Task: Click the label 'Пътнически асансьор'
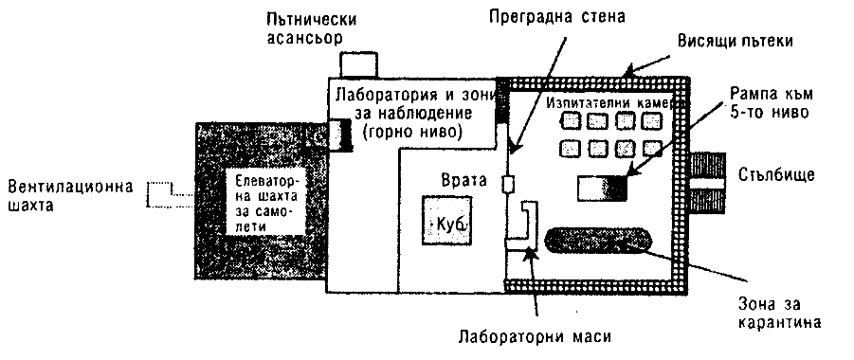click(x=312, y=29)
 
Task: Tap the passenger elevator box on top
click(x=359, y=64)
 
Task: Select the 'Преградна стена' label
click(x=557, y=16)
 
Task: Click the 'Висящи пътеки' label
click(x=736, y=42)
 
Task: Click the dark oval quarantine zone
click(x=598, y=240)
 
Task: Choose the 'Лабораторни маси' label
click(x=535, y=336)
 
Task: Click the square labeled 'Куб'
click(x=447, y=221)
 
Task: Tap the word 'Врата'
click(x=464, y=180)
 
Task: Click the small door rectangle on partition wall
click(x=508, y=185)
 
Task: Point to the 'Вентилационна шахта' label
click(x=71, y=196)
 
